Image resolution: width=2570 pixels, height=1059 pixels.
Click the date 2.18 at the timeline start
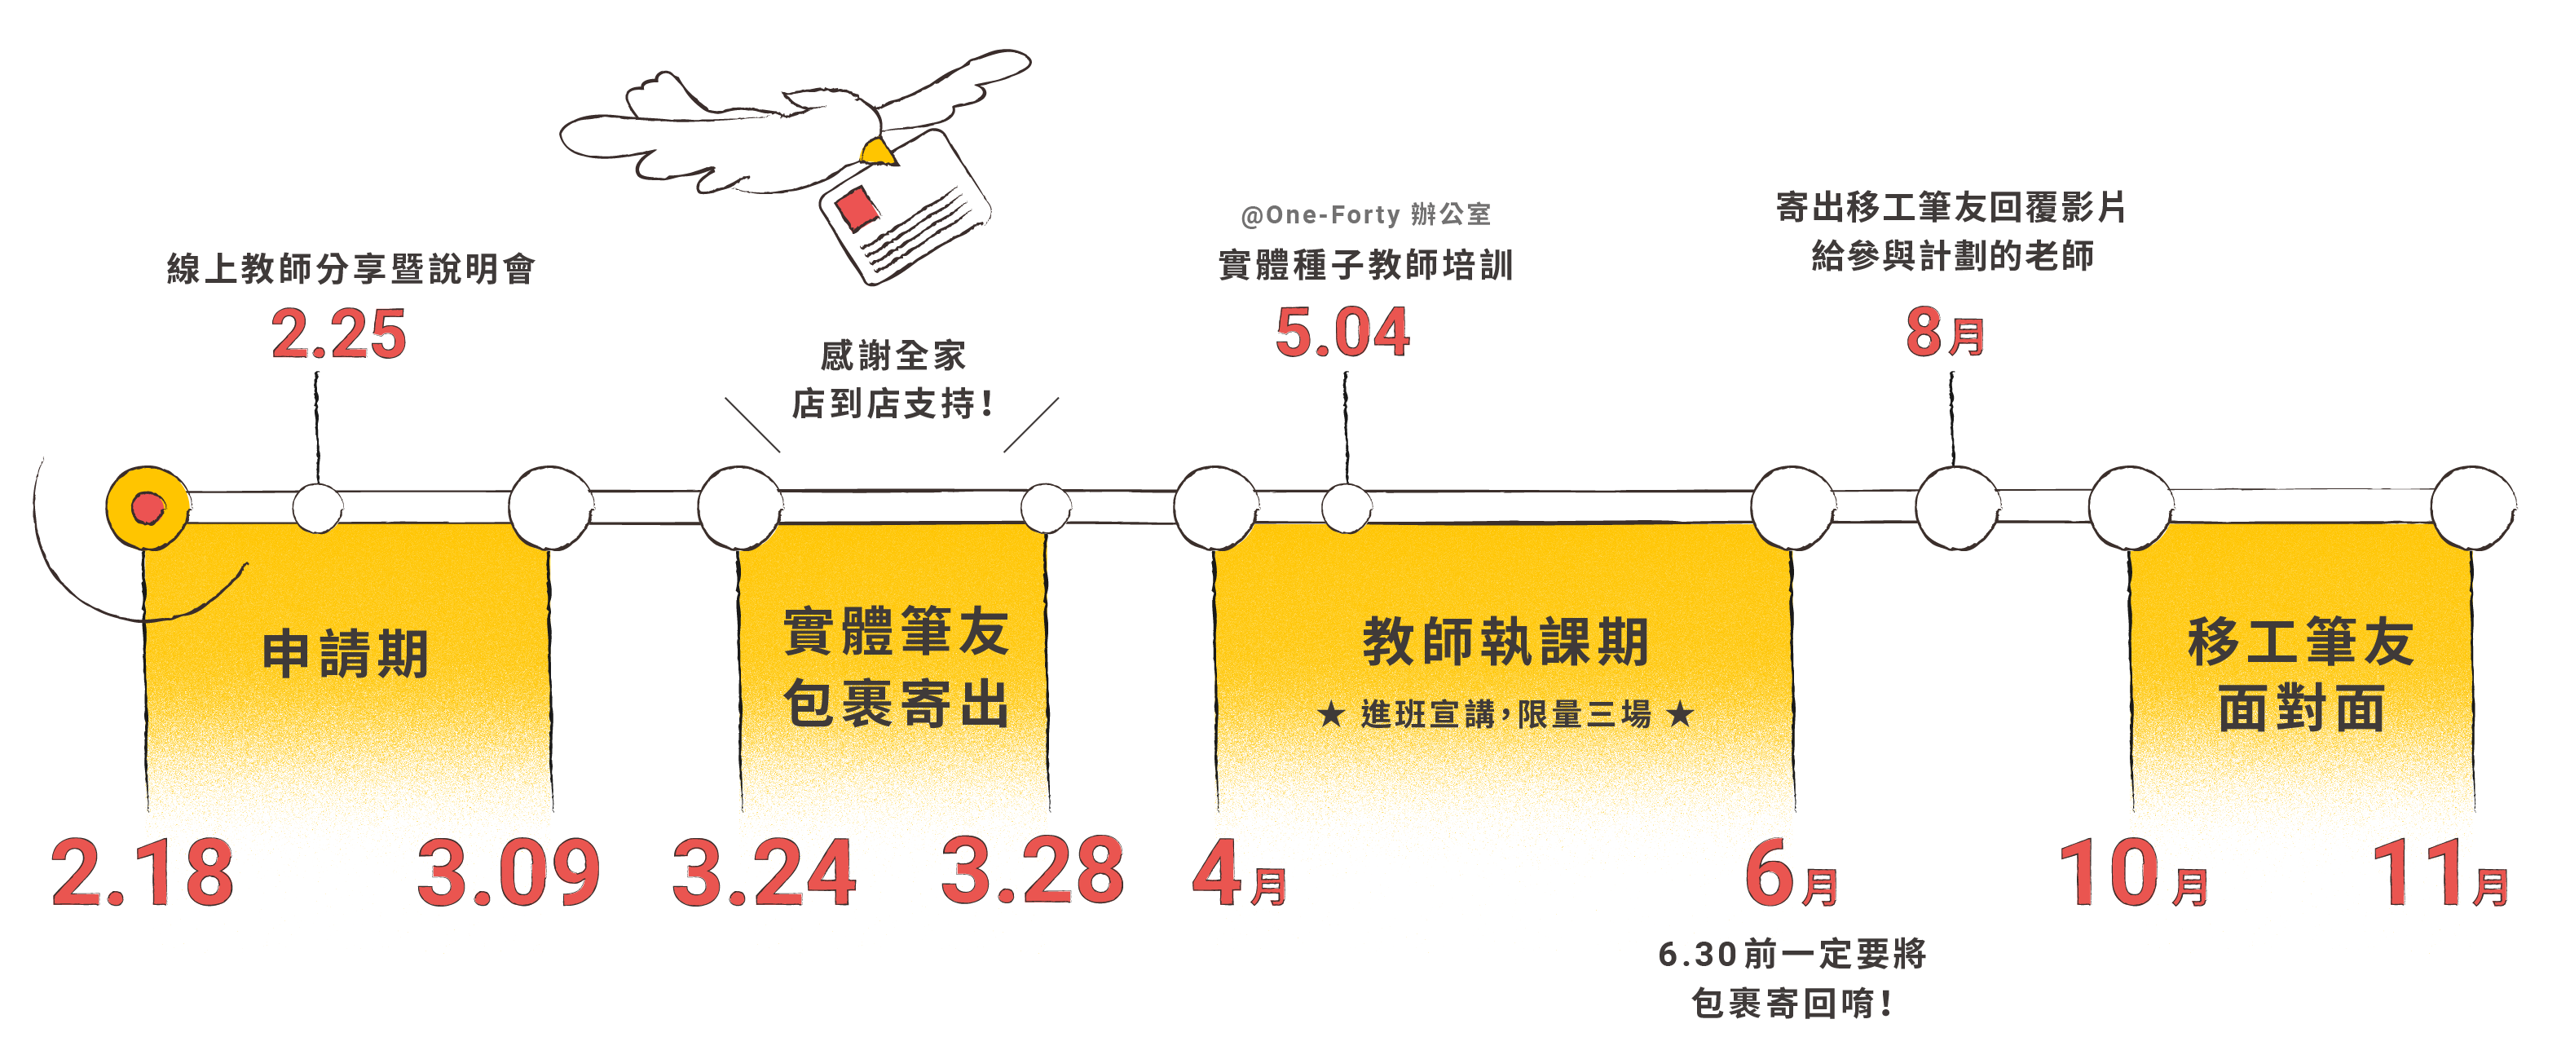point(143,873)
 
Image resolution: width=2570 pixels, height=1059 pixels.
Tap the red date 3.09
point(509,873)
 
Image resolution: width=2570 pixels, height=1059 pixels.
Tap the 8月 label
point(1945,333)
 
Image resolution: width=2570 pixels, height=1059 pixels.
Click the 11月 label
point(2440,875)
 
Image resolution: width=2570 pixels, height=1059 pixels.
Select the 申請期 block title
point(346,654)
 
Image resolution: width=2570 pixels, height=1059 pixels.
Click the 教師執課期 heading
point(1505,641)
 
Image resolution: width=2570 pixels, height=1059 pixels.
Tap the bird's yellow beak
point(878,152)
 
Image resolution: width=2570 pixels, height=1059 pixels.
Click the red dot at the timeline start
point(148,508)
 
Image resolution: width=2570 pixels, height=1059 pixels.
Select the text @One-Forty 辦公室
point(1364,214)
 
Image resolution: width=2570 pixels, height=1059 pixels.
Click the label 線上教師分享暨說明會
point(351,268)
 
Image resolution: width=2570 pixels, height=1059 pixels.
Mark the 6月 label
point(1791,875)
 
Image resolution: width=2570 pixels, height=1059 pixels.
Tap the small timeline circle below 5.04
point(1346,508)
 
